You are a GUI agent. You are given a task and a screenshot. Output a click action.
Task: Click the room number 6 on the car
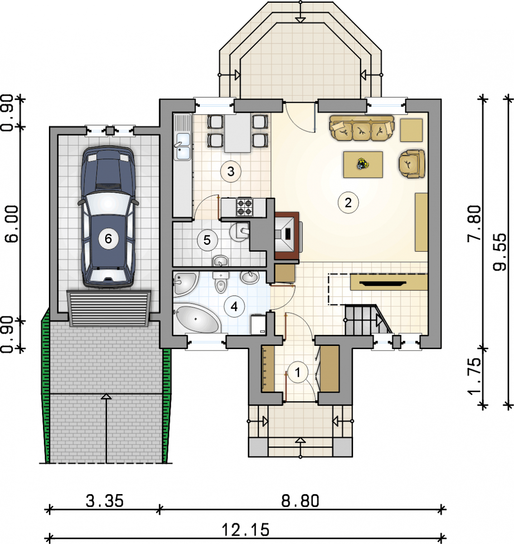pyautogui.click(x=108, y=239)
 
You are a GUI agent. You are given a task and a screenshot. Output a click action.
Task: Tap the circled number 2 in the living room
pyautogui.click(x=348, y=203)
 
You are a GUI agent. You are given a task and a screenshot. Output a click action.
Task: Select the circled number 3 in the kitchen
pyautogui.click(x=231, y=172)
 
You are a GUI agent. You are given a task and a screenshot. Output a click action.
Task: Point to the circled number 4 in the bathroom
pyautogui.click(x=234, y=306)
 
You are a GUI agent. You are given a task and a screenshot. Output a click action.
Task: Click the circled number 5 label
pyautogui.click(x=208, y=240)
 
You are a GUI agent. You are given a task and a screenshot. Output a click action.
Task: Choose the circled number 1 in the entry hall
pyautogui.click(x=298, y=372)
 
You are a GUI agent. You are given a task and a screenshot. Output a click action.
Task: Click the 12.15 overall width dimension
pyautogui.click(x=246, y=530)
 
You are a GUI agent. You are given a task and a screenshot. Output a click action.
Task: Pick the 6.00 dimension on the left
pyautogui.click(x=11, y=224)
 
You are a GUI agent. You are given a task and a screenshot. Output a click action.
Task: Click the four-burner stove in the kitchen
pyautogui.click(x=244, y=207)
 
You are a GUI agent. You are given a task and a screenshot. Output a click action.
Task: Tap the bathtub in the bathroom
pyautogui.click(x=196, y=318)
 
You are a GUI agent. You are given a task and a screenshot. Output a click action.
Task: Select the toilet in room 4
pyautogui.click(x=221, y=282)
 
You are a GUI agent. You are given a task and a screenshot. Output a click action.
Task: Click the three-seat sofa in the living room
pyautogui.click(x=362, y=128)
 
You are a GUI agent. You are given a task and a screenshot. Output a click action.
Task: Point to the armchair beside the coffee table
pyautogui.click(x=412, y=164)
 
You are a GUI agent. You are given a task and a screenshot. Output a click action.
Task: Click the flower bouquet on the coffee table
pyautogui.click(x=363, y=164)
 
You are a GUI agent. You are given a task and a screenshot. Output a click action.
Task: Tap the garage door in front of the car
pyautogui.click(x=109, y=308)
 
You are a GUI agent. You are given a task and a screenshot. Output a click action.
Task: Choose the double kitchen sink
pyautogui.click(x=183, y=146)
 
